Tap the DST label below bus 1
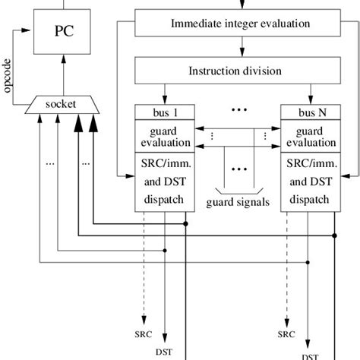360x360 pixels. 163,351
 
